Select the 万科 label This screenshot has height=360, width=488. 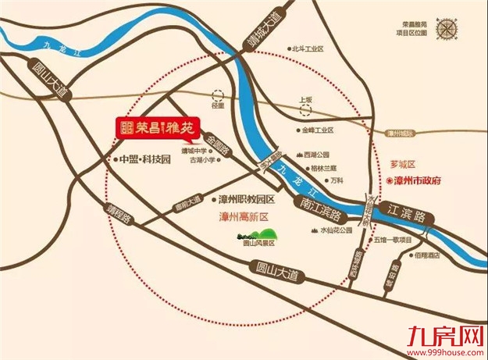pyautogui.click(x=337, y=180)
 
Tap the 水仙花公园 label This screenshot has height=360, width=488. pyautogui.click(x=336, y=231)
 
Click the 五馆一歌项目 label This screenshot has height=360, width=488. pyautogui.click(x=395, y=241)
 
